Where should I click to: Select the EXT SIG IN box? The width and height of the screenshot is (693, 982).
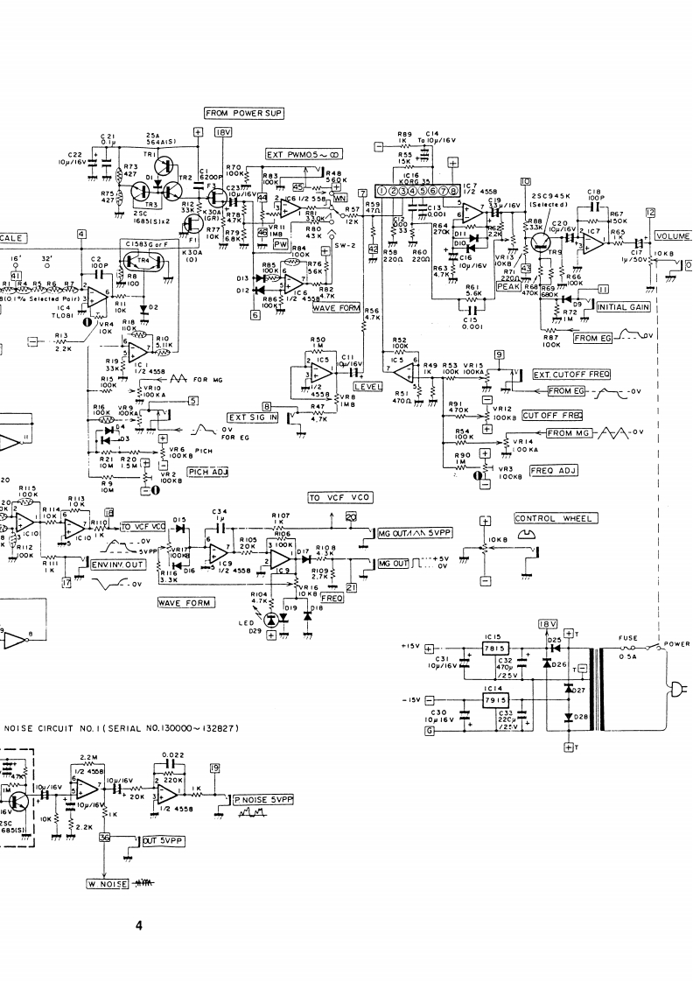click(x=252, y=417)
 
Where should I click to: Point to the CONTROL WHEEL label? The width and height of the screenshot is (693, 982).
click(x=555, y=519)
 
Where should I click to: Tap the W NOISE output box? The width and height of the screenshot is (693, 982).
click(x=107, y=884)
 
